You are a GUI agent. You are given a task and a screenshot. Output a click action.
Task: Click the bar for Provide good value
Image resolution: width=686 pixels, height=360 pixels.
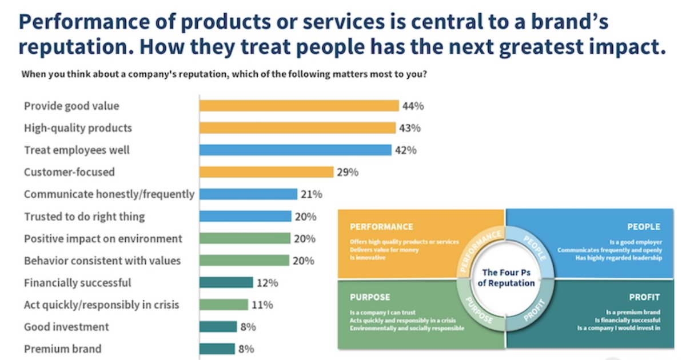click(298, 106)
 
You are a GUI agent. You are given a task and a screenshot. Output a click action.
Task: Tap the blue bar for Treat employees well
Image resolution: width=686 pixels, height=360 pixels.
click(295, 150)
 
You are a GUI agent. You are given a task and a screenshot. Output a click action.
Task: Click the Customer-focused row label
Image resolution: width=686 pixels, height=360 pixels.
click(69, 172)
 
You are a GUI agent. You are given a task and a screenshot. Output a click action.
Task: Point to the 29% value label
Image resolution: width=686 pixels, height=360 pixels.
click(348, 172)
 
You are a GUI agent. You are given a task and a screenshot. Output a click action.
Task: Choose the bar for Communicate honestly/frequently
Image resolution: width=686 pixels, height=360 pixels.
click(248, 194)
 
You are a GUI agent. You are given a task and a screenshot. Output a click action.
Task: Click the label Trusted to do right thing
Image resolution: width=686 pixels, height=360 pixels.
click(84, 217)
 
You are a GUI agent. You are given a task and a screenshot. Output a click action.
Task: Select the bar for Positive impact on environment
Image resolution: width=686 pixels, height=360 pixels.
click(244, 239)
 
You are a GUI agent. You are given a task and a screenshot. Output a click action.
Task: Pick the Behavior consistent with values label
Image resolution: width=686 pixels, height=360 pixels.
click(102, 261)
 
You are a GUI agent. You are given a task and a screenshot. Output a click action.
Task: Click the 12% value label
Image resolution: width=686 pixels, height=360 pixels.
click(267, 283)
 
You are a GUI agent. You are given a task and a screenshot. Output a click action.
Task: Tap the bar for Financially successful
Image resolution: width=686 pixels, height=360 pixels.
click(226, 283)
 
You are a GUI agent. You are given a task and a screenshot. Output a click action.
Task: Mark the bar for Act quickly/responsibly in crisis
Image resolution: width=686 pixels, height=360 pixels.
click(224, 305)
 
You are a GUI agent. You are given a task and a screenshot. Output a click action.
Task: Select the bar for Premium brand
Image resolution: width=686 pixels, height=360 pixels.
click(217, 349)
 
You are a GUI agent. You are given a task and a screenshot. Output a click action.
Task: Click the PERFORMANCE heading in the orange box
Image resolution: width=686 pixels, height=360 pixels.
click(381, 227)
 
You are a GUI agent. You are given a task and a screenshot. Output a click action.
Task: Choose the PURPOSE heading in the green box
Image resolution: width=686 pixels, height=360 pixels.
click(370, 297)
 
